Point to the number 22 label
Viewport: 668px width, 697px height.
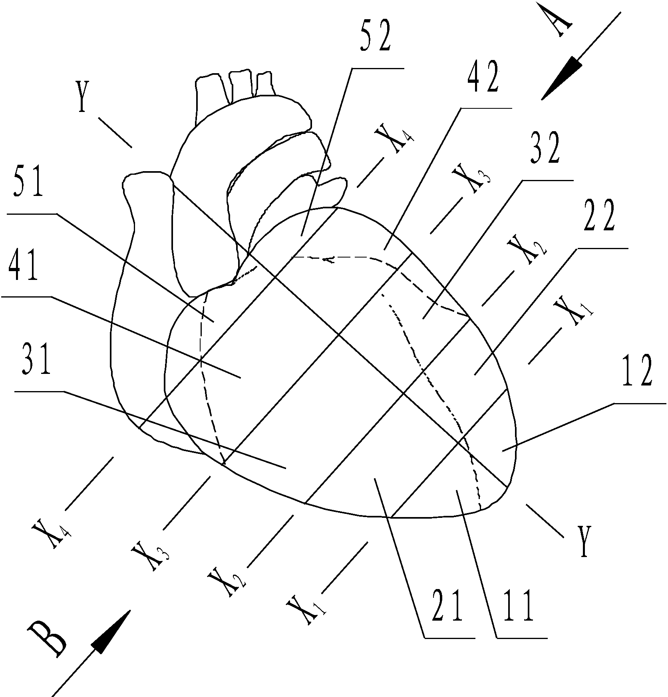598,218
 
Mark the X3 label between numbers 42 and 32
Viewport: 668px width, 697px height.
472,179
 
